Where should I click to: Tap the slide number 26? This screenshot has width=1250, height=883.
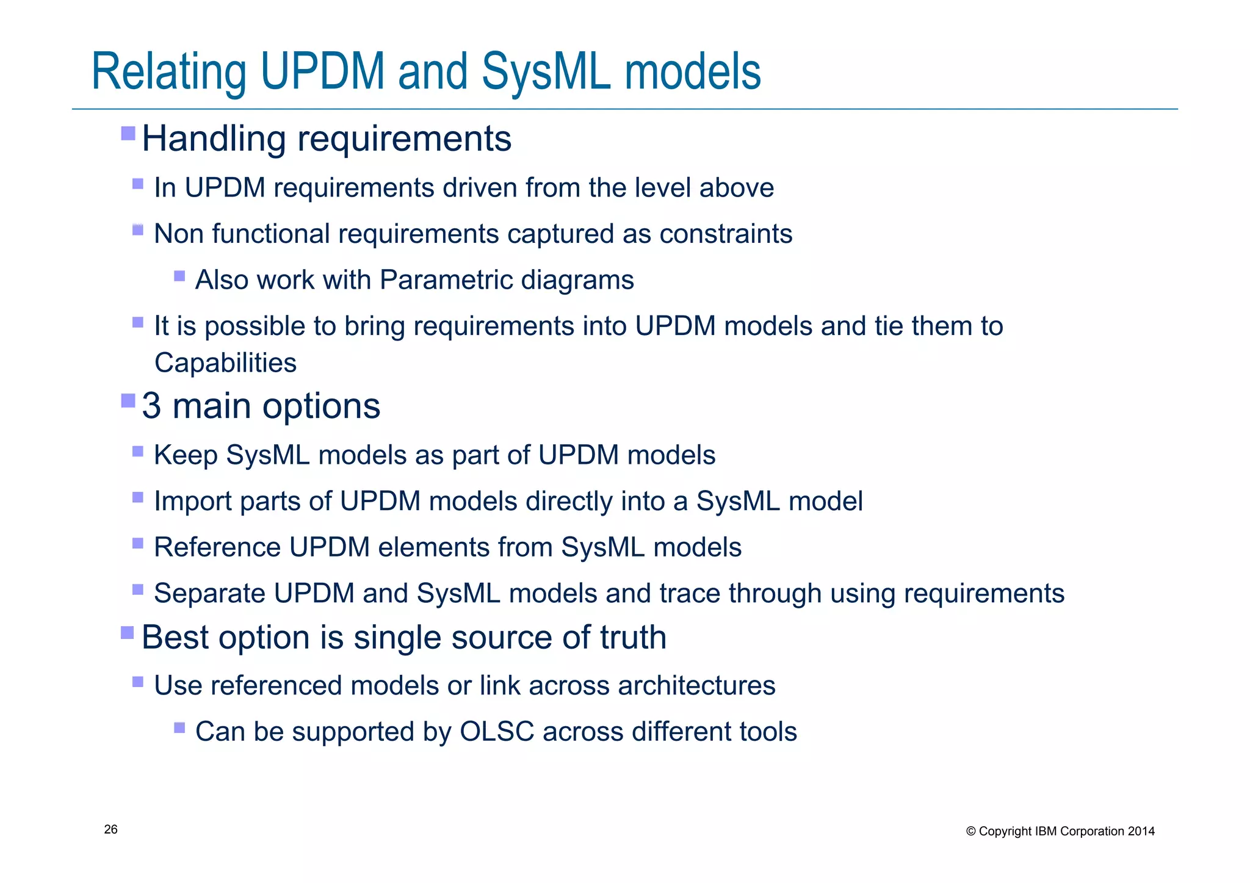(111, 829)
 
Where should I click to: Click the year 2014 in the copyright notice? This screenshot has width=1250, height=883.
(1141, 831)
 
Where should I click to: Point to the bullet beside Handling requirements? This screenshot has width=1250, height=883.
(128, 133)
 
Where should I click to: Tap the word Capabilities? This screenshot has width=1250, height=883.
(225, 363)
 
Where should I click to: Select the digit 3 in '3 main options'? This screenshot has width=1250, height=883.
(151, 406)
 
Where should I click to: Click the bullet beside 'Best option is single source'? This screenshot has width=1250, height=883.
(128, 632)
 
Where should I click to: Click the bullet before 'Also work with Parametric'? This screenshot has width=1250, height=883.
(179, 276)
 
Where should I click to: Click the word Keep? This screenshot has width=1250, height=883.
(186, 455)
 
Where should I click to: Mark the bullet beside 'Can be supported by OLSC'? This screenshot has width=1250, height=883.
(179, 727)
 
